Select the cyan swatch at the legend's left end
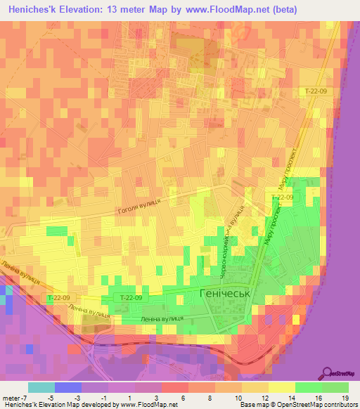41,387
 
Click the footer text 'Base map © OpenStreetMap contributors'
297,405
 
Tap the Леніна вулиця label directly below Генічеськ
162,318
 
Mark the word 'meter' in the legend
10,397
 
